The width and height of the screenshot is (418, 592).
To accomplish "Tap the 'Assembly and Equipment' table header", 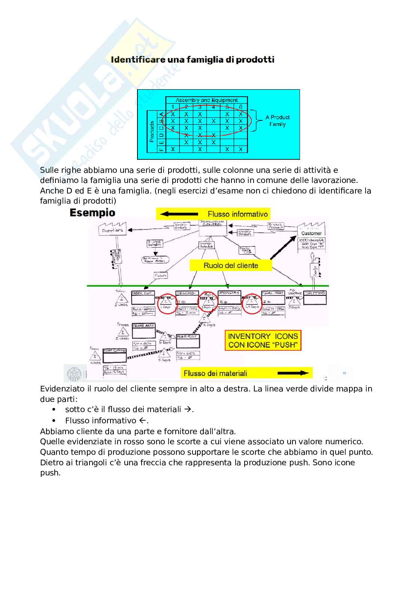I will click(x=206, y=100).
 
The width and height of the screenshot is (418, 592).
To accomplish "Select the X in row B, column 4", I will click(x=213, y=121).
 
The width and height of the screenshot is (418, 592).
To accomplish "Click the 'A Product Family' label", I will click(x=277, y=120).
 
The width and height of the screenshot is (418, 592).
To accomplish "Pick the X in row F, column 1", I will click(x=173, y=149).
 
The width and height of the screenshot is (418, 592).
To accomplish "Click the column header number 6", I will click(x=240, y=107).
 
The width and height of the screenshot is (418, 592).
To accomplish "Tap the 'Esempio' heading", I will click(x=93, y=213).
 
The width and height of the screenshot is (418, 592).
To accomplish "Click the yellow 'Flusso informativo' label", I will click(x=237, y=214).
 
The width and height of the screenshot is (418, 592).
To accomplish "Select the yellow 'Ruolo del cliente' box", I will click(x=230, y=265).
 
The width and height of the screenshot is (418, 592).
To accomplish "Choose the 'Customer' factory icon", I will click(x=311, y=231).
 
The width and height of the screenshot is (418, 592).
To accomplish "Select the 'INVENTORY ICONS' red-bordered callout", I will click(x=263, y=340).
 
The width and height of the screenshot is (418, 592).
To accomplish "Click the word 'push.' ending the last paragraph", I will click(x=50, y=473).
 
